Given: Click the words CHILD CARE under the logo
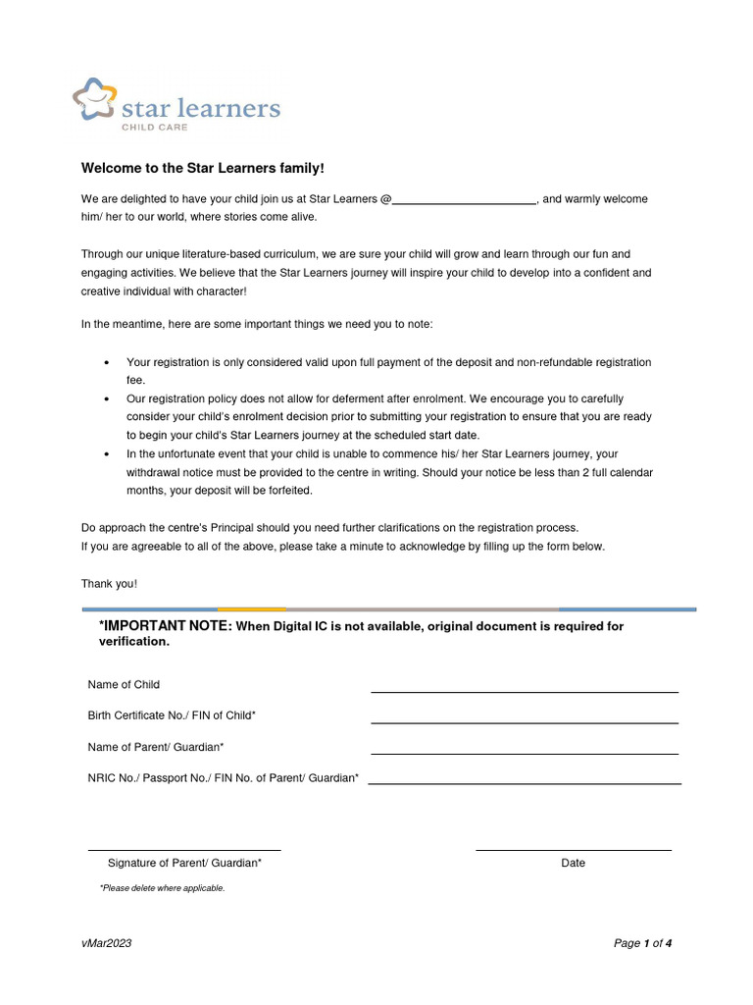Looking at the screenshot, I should tap(154, 128).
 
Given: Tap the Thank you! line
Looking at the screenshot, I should tap(109, 584).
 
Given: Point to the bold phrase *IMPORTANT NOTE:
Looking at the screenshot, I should tap(165, 626).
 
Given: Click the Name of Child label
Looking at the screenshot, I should tap(124, 684).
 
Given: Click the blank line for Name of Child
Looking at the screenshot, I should tap(524, 691).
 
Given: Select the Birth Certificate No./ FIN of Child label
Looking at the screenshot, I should tap(172, 715).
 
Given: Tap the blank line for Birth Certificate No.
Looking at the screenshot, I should tap(524, 722).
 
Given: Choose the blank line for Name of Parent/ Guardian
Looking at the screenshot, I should tap(524, 753).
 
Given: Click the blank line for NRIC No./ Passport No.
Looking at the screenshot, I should tap(524, 783).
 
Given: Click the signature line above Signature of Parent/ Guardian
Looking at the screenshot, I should tap(184, 849).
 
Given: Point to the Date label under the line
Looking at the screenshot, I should tap(574, 863).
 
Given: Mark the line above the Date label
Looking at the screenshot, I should tap(574, 849).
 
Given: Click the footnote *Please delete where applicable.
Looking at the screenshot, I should tap(162, 888).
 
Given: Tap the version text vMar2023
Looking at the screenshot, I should tap(106, 943).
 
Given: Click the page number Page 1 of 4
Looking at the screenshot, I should tap(642, 943).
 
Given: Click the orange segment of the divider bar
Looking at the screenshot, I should tap(251, 609).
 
